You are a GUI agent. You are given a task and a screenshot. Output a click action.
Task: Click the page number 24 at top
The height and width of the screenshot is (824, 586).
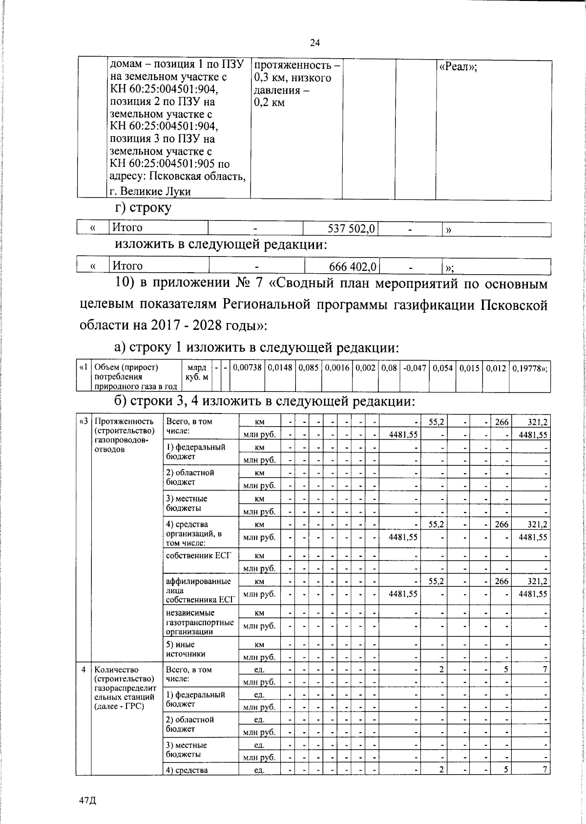pos(314,43)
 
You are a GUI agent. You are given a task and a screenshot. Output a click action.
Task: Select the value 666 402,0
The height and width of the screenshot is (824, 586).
pos(353,266)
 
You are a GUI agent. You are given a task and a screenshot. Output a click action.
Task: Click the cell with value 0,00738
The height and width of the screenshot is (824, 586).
pos(247,368)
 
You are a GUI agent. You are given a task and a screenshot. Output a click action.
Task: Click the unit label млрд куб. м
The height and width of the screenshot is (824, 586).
pos(197,372)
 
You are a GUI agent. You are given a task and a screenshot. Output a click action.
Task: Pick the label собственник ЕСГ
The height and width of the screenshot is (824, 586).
pos(199,556)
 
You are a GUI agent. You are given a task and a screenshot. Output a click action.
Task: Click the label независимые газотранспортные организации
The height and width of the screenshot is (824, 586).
pos(200,622)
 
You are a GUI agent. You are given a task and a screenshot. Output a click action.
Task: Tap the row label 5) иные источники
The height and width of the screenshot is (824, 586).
pos(186,649)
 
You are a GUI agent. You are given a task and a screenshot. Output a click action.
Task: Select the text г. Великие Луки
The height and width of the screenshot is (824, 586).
pos(150,192)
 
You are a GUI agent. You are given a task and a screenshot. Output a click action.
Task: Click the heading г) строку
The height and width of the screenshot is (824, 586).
pos(143,208)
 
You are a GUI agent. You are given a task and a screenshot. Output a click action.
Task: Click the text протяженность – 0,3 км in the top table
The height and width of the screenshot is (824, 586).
pos(295,72)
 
